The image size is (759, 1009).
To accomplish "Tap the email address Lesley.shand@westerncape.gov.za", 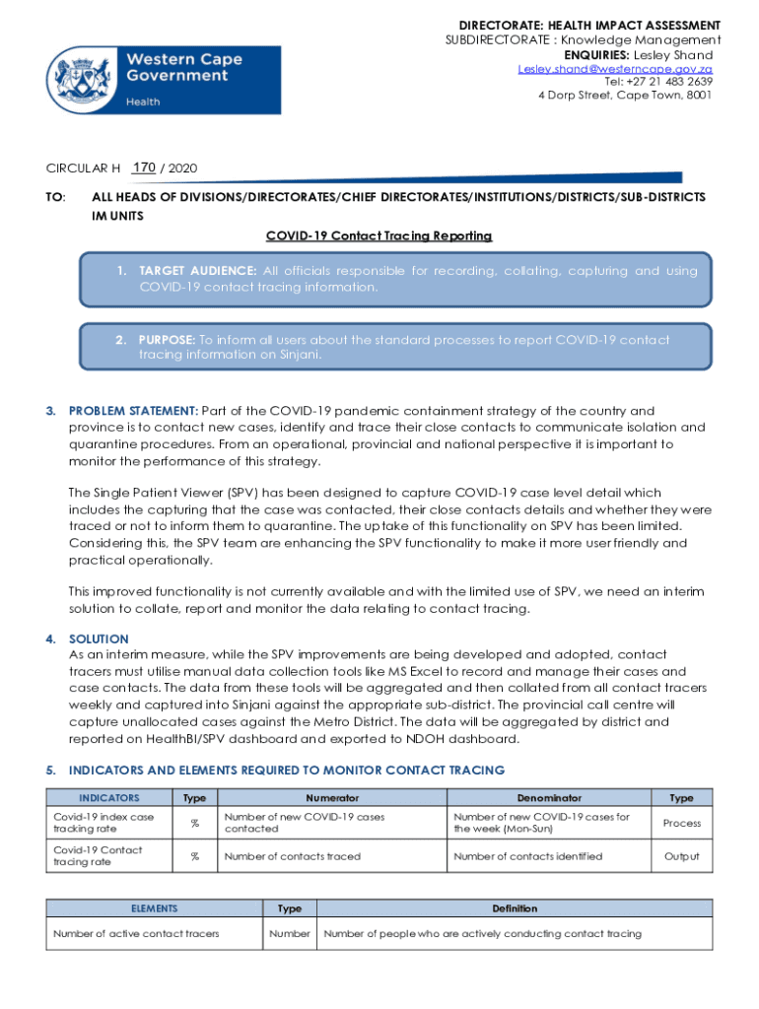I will click(x=615, y=68).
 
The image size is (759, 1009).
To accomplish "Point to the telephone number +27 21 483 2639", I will click(x=658, y=82).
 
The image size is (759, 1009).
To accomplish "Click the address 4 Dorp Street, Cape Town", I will click(x=624, y=96).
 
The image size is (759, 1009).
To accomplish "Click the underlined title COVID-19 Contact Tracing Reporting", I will click(x=379, y=236).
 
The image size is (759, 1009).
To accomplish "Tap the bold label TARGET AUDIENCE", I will click(x=198, y=271).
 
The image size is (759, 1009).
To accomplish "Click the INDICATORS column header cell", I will click(x=109, y=798).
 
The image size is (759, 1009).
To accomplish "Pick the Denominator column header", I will click(x=549, y=798).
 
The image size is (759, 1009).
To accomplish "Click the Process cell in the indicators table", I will click(x=681, y=823).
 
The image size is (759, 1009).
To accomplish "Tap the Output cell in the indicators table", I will click(x=681, y=856).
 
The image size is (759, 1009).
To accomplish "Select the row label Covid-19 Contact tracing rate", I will click(x=98, y=856).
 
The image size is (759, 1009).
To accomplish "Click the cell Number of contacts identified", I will click(x=527, y=856).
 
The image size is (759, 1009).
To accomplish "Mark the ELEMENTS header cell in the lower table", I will click(x=154, y=908).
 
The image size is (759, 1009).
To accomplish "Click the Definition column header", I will click(x=515, y=908).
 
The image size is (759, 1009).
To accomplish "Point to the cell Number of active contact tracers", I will click(x=136, y=933).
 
